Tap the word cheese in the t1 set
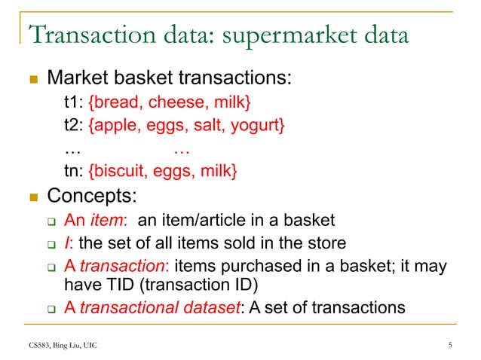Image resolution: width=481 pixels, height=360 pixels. coord(172,102)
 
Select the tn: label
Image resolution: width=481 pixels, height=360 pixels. coord(74,172)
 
